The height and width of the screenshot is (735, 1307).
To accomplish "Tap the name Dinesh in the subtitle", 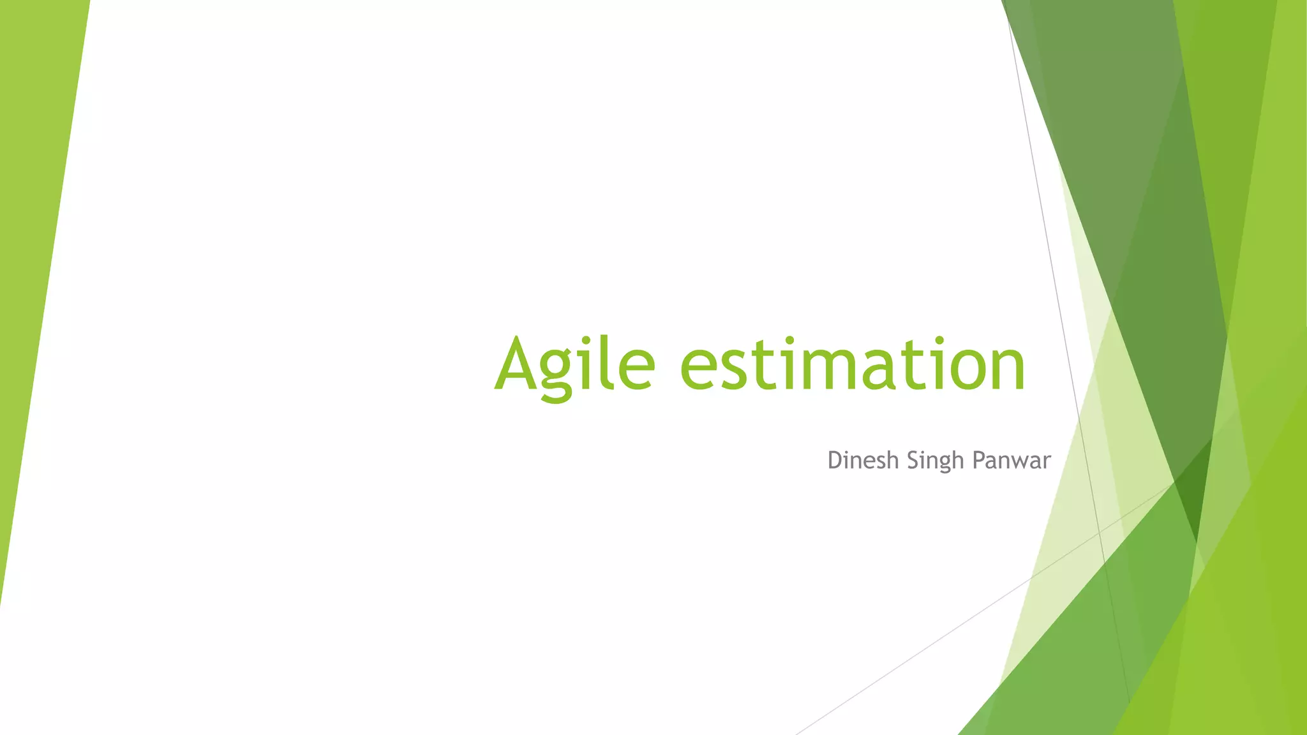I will [863, 460].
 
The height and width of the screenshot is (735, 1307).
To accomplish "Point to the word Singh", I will [935, 461].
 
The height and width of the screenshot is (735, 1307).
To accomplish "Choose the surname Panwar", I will [1011, 460].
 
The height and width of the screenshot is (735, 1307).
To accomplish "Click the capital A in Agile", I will [517, 364].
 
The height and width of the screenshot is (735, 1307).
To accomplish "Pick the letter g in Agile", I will [558, 373].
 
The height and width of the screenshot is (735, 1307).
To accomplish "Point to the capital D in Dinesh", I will [835, 460].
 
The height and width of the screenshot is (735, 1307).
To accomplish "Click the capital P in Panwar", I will [978, 460].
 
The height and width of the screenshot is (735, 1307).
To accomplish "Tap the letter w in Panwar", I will [1019, 462].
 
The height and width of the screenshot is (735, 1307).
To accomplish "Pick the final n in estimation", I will [1008, 370].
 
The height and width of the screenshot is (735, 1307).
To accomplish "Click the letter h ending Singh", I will [958, 460].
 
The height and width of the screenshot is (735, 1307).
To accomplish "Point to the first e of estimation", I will [701, 370].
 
